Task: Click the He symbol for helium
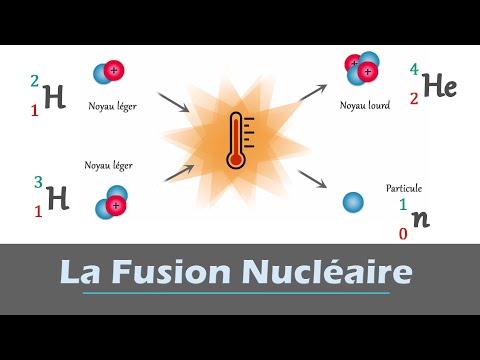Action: click(439, 87)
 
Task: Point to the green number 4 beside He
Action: click(413, 71)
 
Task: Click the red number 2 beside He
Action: click(413, 99)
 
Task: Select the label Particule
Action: click(405, 188)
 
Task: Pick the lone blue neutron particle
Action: click(352, 203)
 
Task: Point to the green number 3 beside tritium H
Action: click(38, 182)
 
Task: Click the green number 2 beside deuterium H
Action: click(36, 81)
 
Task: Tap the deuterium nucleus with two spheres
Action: click(109, 71)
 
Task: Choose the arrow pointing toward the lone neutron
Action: click(312, 178)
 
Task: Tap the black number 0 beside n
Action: click(402, 233)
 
